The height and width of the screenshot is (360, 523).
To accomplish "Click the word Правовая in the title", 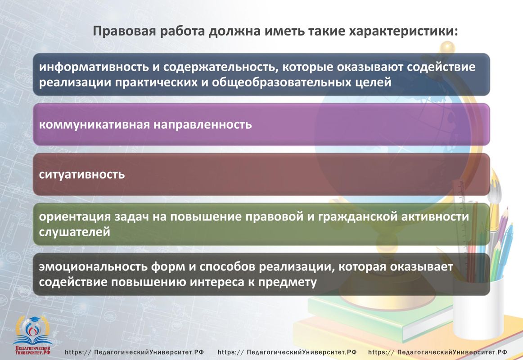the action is click(124, 31).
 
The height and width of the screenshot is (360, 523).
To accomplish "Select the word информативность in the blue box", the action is click(94, 67).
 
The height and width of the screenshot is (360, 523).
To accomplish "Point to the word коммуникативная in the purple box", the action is click(95, 125).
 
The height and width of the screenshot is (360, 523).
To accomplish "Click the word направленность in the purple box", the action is click(203, 125).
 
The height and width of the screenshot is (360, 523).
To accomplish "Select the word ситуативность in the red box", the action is click(82, 174).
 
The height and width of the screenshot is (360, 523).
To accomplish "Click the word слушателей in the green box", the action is click(74, 232).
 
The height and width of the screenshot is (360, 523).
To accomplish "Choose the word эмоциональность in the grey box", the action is click(93, 267).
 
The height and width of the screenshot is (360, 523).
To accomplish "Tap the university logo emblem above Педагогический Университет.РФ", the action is click(33, 330).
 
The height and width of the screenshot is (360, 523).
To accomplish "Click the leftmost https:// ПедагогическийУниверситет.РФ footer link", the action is click(134, 352).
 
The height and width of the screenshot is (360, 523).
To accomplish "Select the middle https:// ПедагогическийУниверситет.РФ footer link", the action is click(287, 352).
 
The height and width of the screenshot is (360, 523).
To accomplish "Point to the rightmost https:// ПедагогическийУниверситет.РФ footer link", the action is click(437, 352).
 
